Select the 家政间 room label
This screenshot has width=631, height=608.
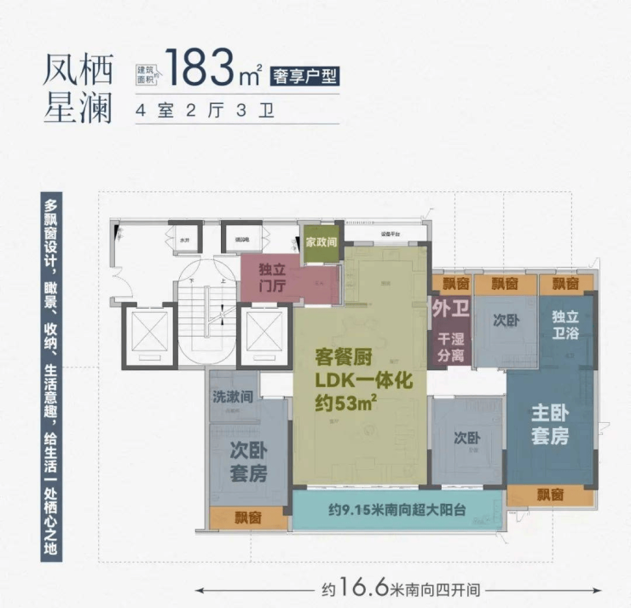321,242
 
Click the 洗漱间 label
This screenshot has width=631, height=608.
231,397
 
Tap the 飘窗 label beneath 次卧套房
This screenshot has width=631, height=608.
236,517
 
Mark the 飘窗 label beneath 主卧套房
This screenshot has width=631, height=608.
550,495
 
